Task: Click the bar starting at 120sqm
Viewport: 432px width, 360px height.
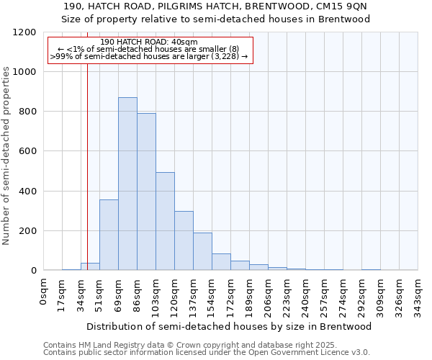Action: click(x=184, y=240)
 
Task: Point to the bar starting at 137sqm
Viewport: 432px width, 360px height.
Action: click(x=202, y=251)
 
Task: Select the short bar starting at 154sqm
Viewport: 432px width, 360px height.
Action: click(x=221, y=262)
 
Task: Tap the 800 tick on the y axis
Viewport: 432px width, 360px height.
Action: click(x=27, y=112)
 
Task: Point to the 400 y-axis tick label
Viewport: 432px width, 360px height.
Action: click(x=27, y=192)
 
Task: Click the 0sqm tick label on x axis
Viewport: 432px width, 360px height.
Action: click(x=44, y=292)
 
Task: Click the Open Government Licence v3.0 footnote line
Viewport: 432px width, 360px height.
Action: click(x=206, y=353)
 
